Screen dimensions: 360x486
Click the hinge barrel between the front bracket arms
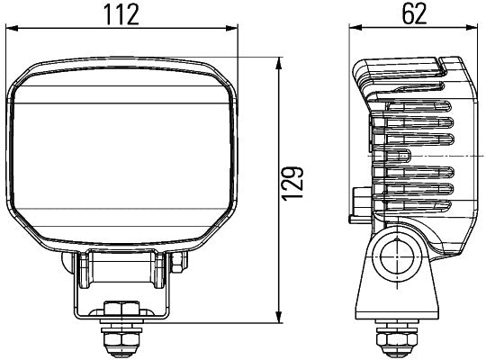(121, 267)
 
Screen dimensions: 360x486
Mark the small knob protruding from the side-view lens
(360, 202)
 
